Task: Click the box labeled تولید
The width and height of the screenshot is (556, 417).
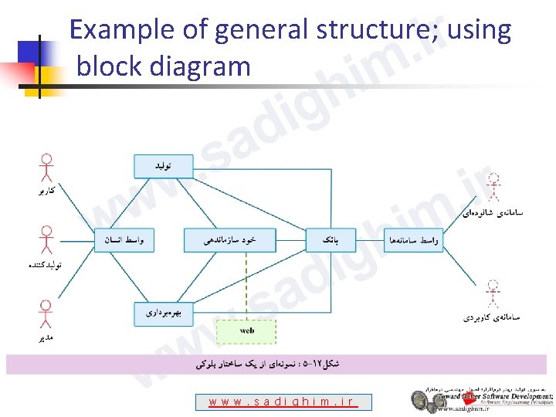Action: tap(163, 166)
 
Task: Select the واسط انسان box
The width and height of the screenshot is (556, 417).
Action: tap(124, 240)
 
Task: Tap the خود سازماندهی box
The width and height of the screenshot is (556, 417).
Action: tap(229, 240)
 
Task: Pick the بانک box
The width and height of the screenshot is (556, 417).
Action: tap(329, 240)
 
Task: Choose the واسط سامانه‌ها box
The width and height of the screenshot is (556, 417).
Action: tap(414, 240)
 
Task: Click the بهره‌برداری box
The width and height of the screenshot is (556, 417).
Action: tap(163, 313)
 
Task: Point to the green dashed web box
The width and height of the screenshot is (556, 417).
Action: tap(246, 331)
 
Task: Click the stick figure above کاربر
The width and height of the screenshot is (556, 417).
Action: tap(46, 170)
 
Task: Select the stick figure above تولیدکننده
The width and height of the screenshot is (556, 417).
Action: tap(46, 241)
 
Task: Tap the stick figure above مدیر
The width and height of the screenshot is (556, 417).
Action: tap(46, 315)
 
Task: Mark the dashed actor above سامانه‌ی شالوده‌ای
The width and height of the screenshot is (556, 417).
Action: tap(493, 189)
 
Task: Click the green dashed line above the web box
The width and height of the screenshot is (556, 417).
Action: tap(246, 286)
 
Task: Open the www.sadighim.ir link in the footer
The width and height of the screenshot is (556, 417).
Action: tap(283, 402)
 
